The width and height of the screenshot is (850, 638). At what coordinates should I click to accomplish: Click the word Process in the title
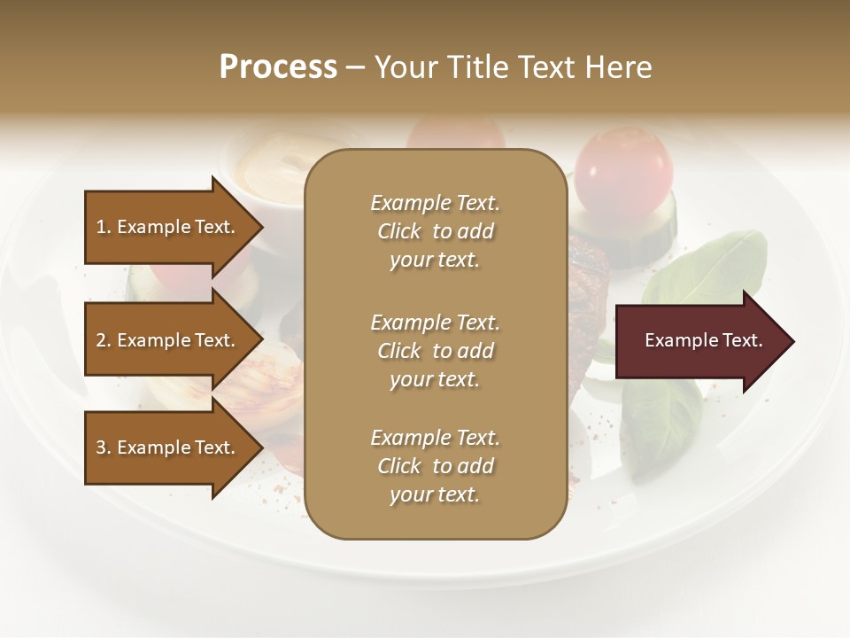coord(278,67)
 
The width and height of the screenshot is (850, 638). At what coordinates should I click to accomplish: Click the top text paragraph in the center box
coord(435,231)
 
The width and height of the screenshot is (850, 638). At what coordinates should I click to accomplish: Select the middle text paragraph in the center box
coord(435,351)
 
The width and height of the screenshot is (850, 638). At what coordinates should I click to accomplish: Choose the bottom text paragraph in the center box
coord(435,466)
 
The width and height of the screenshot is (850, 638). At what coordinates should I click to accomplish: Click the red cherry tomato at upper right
coord(623,170)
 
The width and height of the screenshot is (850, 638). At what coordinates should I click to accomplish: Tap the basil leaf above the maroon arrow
coord(708,266)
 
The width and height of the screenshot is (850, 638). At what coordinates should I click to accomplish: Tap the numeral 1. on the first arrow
coord(104,227)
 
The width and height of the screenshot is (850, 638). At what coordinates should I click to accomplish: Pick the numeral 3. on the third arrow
coord(104,447)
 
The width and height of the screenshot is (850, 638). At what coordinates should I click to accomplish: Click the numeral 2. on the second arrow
coord(104,340)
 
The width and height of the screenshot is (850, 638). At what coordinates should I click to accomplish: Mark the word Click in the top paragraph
coord(399,231)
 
